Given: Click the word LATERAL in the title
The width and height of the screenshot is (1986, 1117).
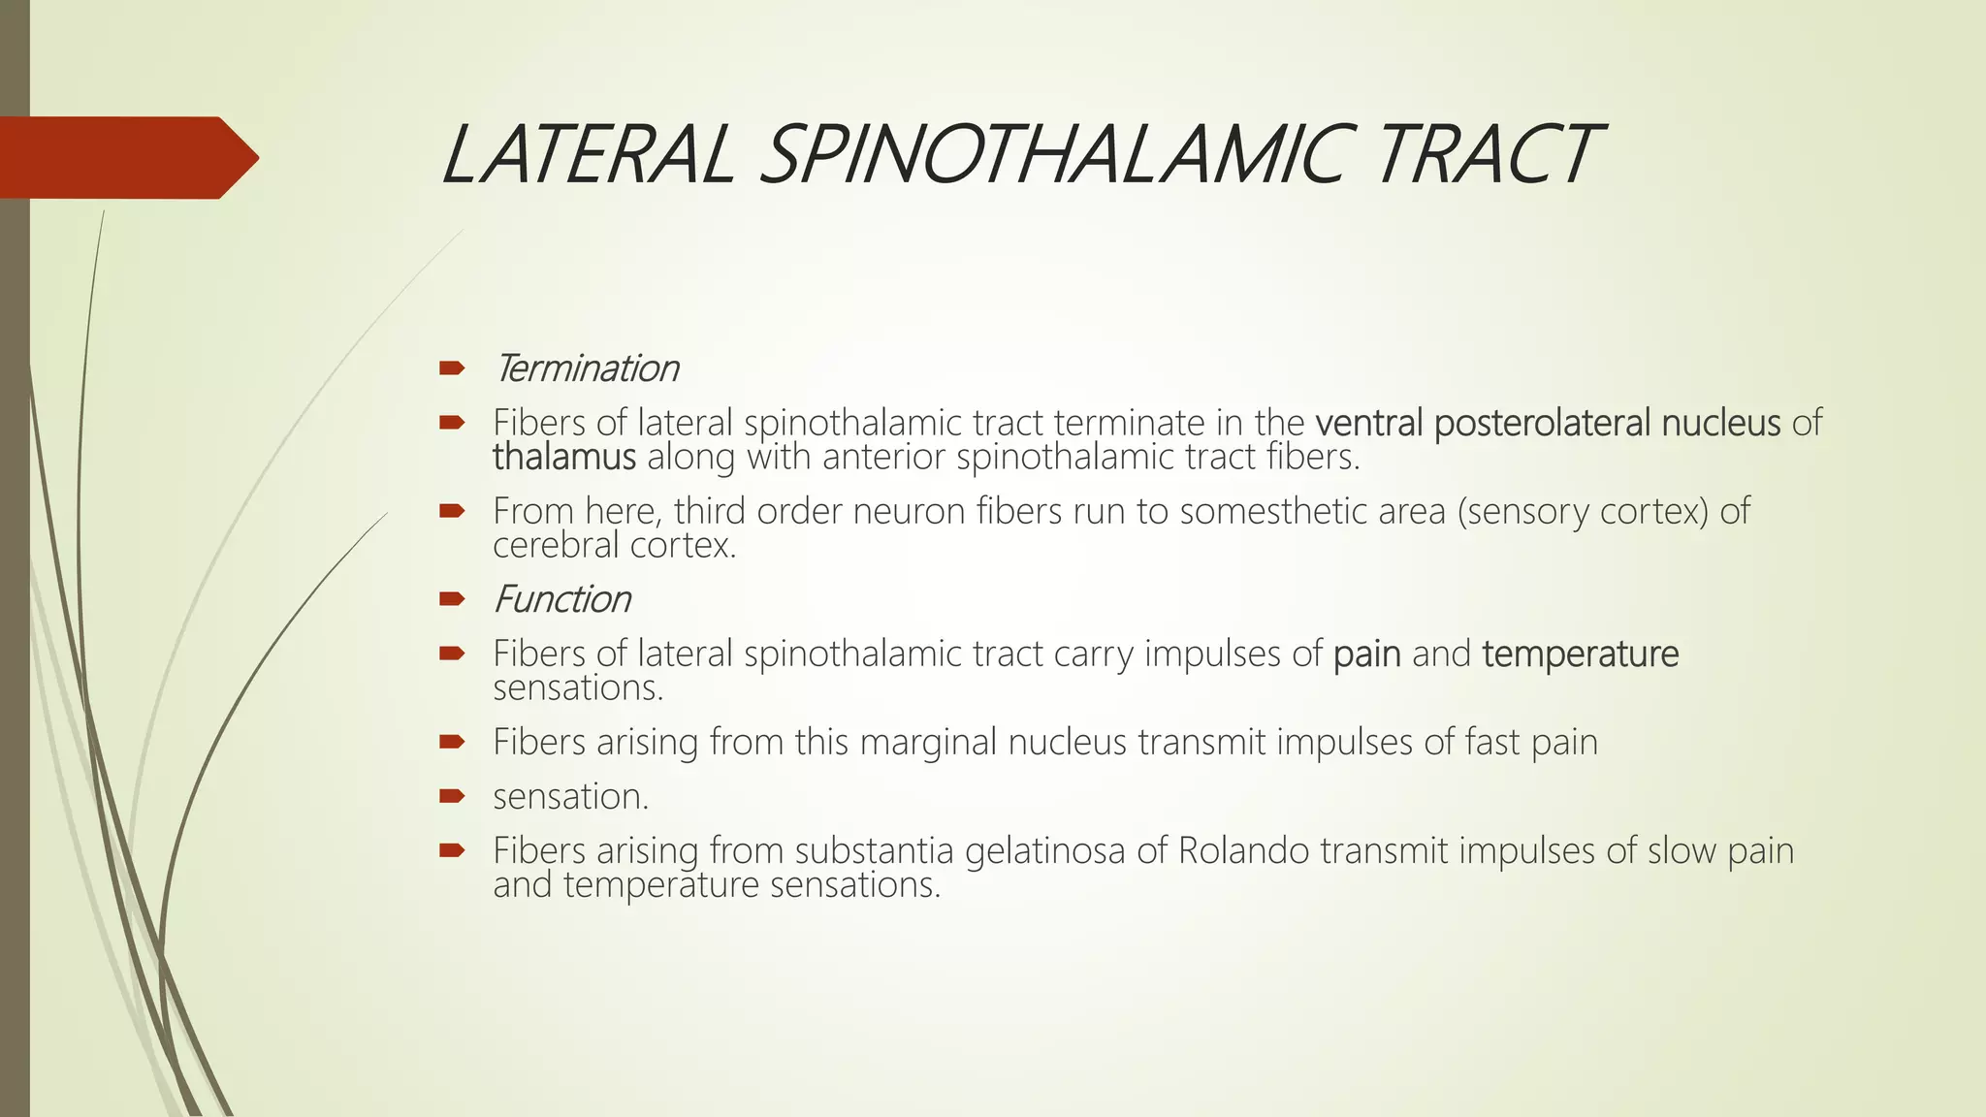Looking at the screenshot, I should (588, 155).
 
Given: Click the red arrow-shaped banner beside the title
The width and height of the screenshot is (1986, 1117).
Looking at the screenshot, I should (126, 157).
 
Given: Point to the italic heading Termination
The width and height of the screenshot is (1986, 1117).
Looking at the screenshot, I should (586, 368).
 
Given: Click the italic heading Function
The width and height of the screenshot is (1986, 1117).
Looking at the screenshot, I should (562, 599).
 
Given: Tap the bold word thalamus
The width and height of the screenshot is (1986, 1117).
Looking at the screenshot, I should (564, 457).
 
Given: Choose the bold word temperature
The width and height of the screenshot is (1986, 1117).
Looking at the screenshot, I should (1581, 654).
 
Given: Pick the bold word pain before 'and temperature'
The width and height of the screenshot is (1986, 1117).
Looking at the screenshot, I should (1367, 655).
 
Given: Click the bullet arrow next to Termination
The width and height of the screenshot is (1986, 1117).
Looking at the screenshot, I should (452, 368).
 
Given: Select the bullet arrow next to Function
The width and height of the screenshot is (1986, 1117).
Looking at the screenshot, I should (452, 599).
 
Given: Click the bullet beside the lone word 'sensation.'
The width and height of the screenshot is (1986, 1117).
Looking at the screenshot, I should (452, 797).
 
